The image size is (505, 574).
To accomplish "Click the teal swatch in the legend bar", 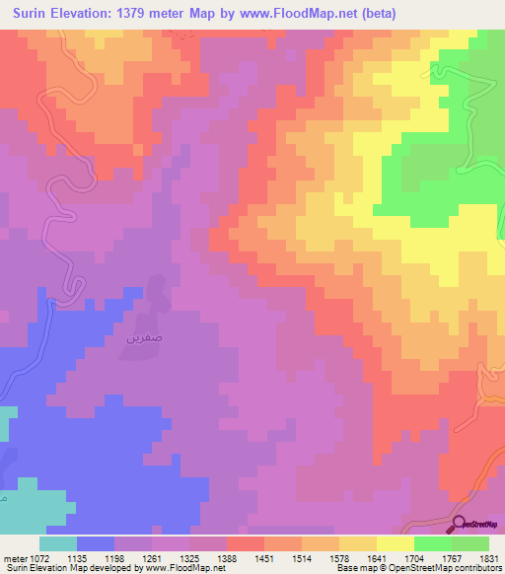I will pos(57,543).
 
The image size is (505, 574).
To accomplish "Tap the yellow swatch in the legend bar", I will pos(395,543).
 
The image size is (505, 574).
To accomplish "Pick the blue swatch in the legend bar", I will pos(95,543).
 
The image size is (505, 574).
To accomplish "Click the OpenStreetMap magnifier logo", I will pos(460,525).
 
